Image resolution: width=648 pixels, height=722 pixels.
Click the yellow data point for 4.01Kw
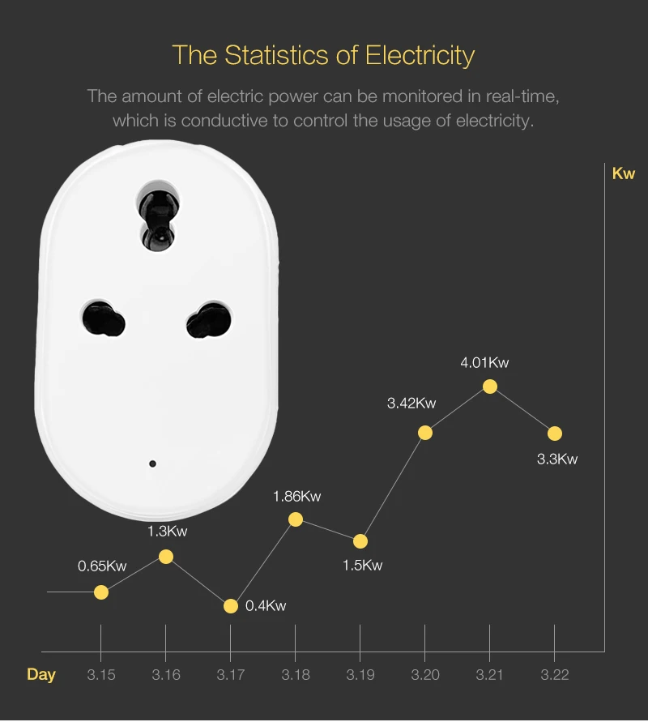click(x=490, y=387)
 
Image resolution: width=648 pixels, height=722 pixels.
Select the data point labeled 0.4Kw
click(x=231, y=605)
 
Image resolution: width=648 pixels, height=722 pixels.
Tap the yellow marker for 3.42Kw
click(x=425, y=433)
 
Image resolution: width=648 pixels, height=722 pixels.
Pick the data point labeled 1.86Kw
click(x=296, y=519)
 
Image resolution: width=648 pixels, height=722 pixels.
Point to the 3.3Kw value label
click(x=557, y=459)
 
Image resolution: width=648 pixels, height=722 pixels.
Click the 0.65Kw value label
click(x=102, y=566)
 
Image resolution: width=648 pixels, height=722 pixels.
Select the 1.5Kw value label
click(x=362, y=565)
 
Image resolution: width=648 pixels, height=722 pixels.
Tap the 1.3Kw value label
click(x=167, y=532)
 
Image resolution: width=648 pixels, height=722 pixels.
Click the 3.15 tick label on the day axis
click(x=100, y=675)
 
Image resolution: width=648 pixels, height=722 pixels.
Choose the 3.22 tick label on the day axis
click(x=554, y=675)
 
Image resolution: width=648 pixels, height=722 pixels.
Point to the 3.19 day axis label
click(x=360, y=675)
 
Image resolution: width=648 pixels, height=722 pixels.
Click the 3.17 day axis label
click(x=230, y=675)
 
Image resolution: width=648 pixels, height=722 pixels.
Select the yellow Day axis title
click(x=41, y=675)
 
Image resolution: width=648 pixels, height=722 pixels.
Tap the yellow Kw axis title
click(x=624, y=173)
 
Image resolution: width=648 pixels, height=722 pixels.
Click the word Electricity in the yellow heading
click(x=420, y=56)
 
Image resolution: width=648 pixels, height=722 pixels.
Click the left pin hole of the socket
click(x=104, y=318)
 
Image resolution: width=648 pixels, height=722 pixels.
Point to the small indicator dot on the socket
click(x=152, y=464)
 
